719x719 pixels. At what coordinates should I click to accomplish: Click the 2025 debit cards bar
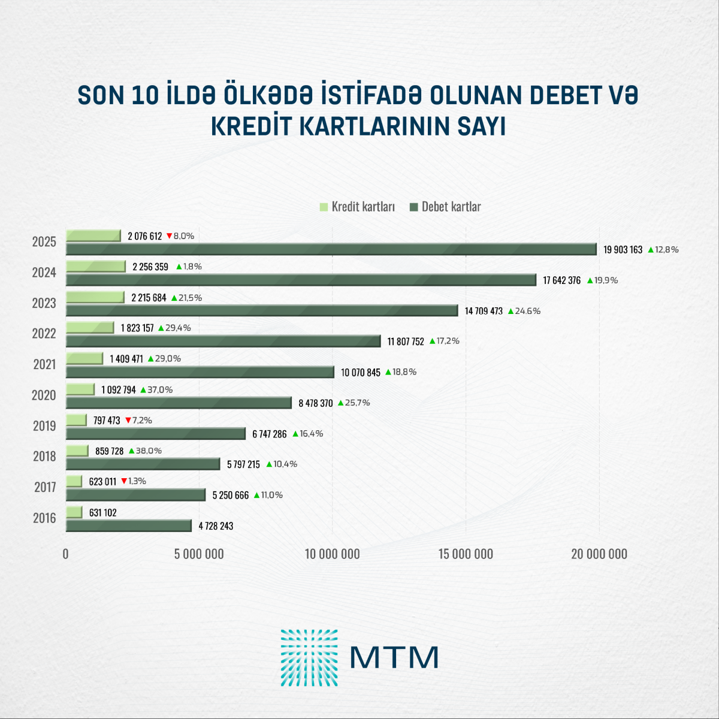[x=331, y=249]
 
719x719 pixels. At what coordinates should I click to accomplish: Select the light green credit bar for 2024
[x=96, y=267]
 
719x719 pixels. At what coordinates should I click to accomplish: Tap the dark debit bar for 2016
[x=128, y=525]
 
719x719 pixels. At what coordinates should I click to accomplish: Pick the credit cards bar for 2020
[x=80, y=389]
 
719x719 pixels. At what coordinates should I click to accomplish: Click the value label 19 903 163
[x=623, y=249]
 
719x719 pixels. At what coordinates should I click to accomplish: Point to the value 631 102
[x=102, y=512]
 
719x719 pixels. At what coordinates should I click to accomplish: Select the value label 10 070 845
[x=361, y=372]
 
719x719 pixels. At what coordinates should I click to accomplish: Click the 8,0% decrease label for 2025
[x=183, y=236]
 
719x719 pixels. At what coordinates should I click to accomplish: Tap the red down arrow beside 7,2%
[x=128, y=420]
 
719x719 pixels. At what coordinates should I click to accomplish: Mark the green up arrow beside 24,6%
[x=510, y=311]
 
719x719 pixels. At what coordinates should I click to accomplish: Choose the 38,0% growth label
[x=149, y=451]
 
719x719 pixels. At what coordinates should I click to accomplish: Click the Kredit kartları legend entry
[x=357, y=207]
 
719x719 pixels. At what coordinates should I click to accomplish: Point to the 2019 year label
[x=44, y=426]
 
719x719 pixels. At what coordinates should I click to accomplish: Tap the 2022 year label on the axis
[x=44, y=334]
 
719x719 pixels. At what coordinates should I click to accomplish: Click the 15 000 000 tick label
[x=466, y=554]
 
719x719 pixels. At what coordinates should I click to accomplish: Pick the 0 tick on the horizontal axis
[x=66, y=554]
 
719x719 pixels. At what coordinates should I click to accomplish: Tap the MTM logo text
[x=394, y=657]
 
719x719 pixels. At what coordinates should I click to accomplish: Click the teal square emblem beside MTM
[x=309, y=657]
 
